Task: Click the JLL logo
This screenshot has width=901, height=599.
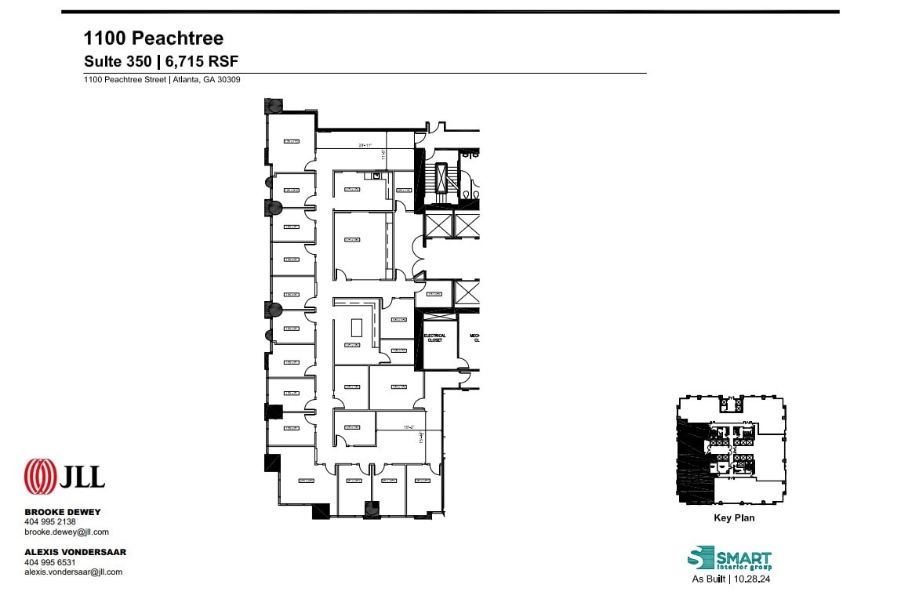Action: (x=64, y=476)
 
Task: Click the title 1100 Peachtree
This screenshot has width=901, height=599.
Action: (x=154, y=38)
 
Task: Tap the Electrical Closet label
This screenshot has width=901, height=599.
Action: (x=434, y=338)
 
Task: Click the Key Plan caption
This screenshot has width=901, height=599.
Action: (x=734, y=518)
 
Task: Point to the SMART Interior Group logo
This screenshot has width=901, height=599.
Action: (x=729, y=560)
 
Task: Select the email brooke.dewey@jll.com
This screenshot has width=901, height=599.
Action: (x=67, y=532)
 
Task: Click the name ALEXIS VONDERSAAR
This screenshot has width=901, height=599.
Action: (x=75, y=552)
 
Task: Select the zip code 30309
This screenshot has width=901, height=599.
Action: (x=229, y=79)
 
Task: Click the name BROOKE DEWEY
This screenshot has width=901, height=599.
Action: (x=63, y=512)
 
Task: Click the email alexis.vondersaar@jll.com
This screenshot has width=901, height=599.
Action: (x=74, y=572)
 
